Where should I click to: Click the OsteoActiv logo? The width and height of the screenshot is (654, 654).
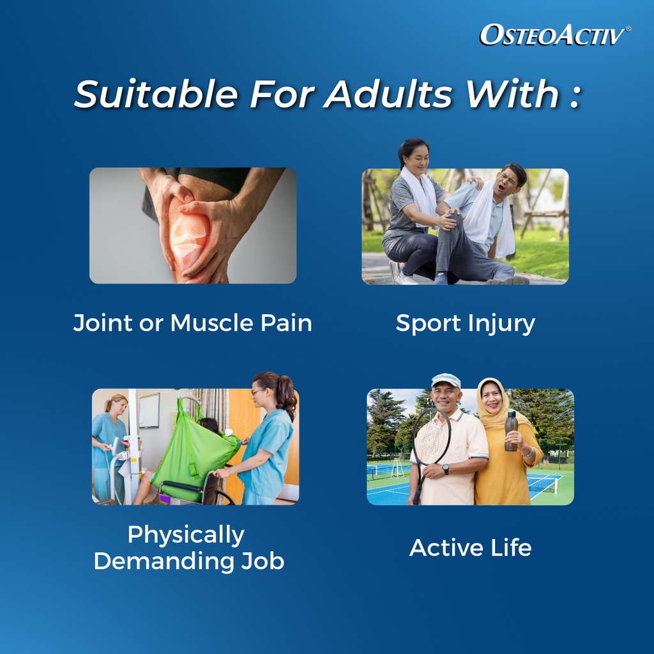[x=555, y=34]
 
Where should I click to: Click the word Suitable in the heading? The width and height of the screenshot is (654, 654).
[x=156, y=94]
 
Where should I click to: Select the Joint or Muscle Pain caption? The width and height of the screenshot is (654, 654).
[x=193, y=323]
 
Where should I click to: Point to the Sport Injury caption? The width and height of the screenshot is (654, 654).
[x=465, y=324]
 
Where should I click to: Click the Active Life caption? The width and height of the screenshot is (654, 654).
[x=471, y=547]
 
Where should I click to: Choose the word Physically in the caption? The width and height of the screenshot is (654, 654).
[x=186, y=535]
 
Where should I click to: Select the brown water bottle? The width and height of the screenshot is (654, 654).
[x=511, y=430]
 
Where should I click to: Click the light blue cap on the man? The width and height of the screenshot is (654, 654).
[x=446, y=380]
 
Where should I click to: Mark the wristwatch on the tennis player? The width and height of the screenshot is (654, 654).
[x=445, y=469]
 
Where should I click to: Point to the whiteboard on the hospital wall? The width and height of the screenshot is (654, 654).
[x=149, y=411]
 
